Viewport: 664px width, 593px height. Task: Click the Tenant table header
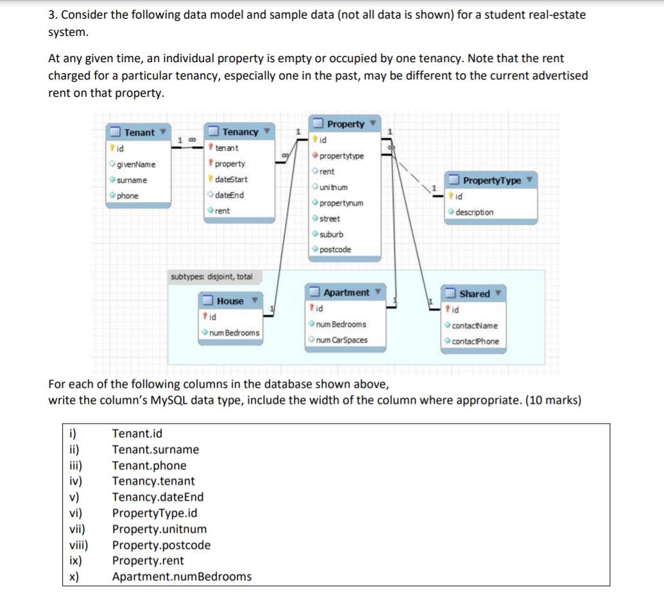pos(139,133)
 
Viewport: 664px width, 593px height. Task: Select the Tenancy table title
pos(240,132)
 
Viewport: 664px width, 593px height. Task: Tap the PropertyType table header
pos(492,181)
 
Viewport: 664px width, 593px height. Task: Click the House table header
pos(230,301)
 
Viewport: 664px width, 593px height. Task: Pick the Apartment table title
pos(346,293)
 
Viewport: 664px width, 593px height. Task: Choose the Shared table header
pos(475,294)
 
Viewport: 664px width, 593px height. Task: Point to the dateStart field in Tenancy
pos(230,180)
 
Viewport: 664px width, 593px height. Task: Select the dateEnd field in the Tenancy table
pos(229,195)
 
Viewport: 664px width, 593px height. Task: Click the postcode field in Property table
pos(335,249)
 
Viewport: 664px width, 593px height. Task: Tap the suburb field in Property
pos(331,234)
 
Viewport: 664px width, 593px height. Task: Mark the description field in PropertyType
pos(474,212)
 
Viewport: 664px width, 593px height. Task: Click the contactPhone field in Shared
pos(475,341)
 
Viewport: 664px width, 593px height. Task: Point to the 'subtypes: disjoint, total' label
pos(212,277)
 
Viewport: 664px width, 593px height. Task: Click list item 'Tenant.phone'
pos(149,465)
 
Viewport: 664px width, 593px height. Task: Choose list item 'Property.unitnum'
pos(159,529)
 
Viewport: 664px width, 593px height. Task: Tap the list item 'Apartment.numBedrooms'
pos(182,576)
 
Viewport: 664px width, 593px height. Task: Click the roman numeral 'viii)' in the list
pos(78,545)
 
